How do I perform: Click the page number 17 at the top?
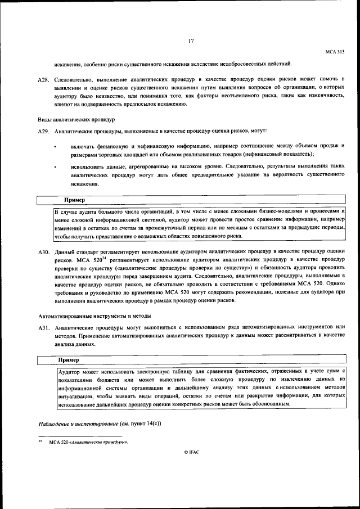pos(191,40)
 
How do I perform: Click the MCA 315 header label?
pos(335,52)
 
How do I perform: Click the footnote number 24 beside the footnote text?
pos(40,442)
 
